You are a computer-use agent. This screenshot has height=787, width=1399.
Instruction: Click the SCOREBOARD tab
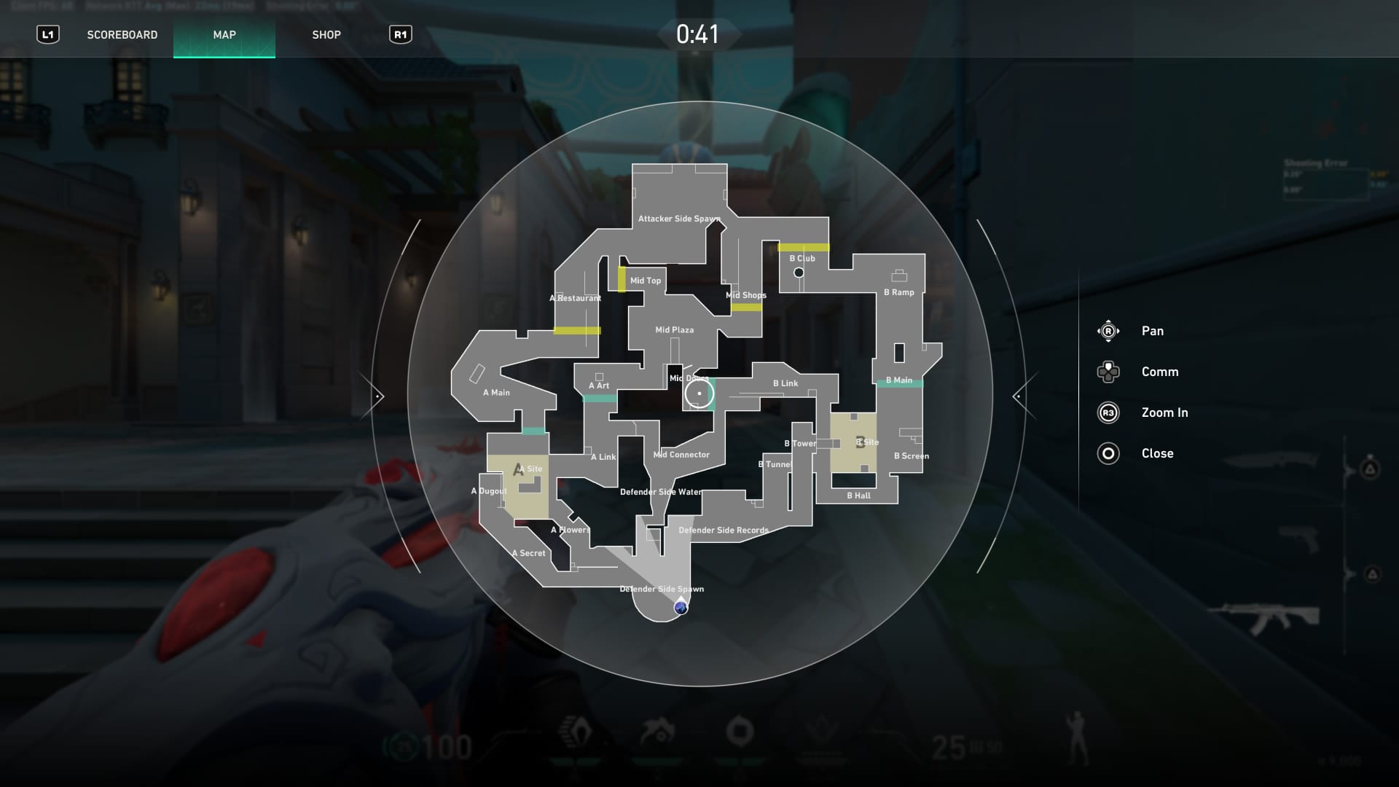(122, 35)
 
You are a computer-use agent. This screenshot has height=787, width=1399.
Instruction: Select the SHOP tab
(326, 35)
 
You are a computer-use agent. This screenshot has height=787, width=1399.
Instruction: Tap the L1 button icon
(48, 35)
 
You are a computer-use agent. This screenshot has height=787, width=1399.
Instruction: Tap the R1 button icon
(400, 35)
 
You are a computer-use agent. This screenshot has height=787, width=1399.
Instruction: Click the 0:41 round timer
(697, 34)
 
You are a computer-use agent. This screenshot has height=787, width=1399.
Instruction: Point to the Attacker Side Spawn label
(678, 219)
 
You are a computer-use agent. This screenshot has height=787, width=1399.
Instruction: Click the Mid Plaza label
(674, 330)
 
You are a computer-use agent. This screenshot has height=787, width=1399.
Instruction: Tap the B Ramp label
(898, 292)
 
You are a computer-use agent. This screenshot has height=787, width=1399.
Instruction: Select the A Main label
(496, 393)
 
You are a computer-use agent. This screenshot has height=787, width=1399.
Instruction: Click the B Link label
(785, 383)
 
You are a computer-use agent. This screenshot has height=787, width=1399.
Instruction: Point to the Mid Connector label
(681, 455)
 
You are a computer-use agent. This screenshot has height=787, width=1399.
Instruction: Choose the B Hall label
(858, 496)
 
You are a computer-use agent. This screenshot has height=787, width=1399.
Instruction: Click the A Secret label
(528, 553)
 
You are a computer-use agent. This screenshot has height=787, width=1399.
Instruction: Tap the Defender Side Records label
(723, 530)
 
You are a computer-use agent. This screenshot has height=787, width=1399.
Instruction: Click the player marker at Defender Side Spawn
(681, 607)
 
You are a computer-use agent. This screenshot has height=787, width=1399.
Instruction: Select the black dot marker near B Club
(799, 273)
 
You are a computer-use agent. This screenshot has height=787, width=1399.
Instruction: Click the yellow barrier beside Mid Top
(622, 279)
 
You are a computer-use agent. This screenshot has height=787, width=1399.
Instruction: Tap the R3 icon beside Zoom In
(1108, 412)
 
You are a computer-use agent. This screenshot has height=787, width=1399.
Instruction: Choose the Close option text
(1157, 453)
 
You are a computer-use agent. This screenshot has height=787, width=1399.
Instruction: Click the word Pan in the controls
(1152, 331)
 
